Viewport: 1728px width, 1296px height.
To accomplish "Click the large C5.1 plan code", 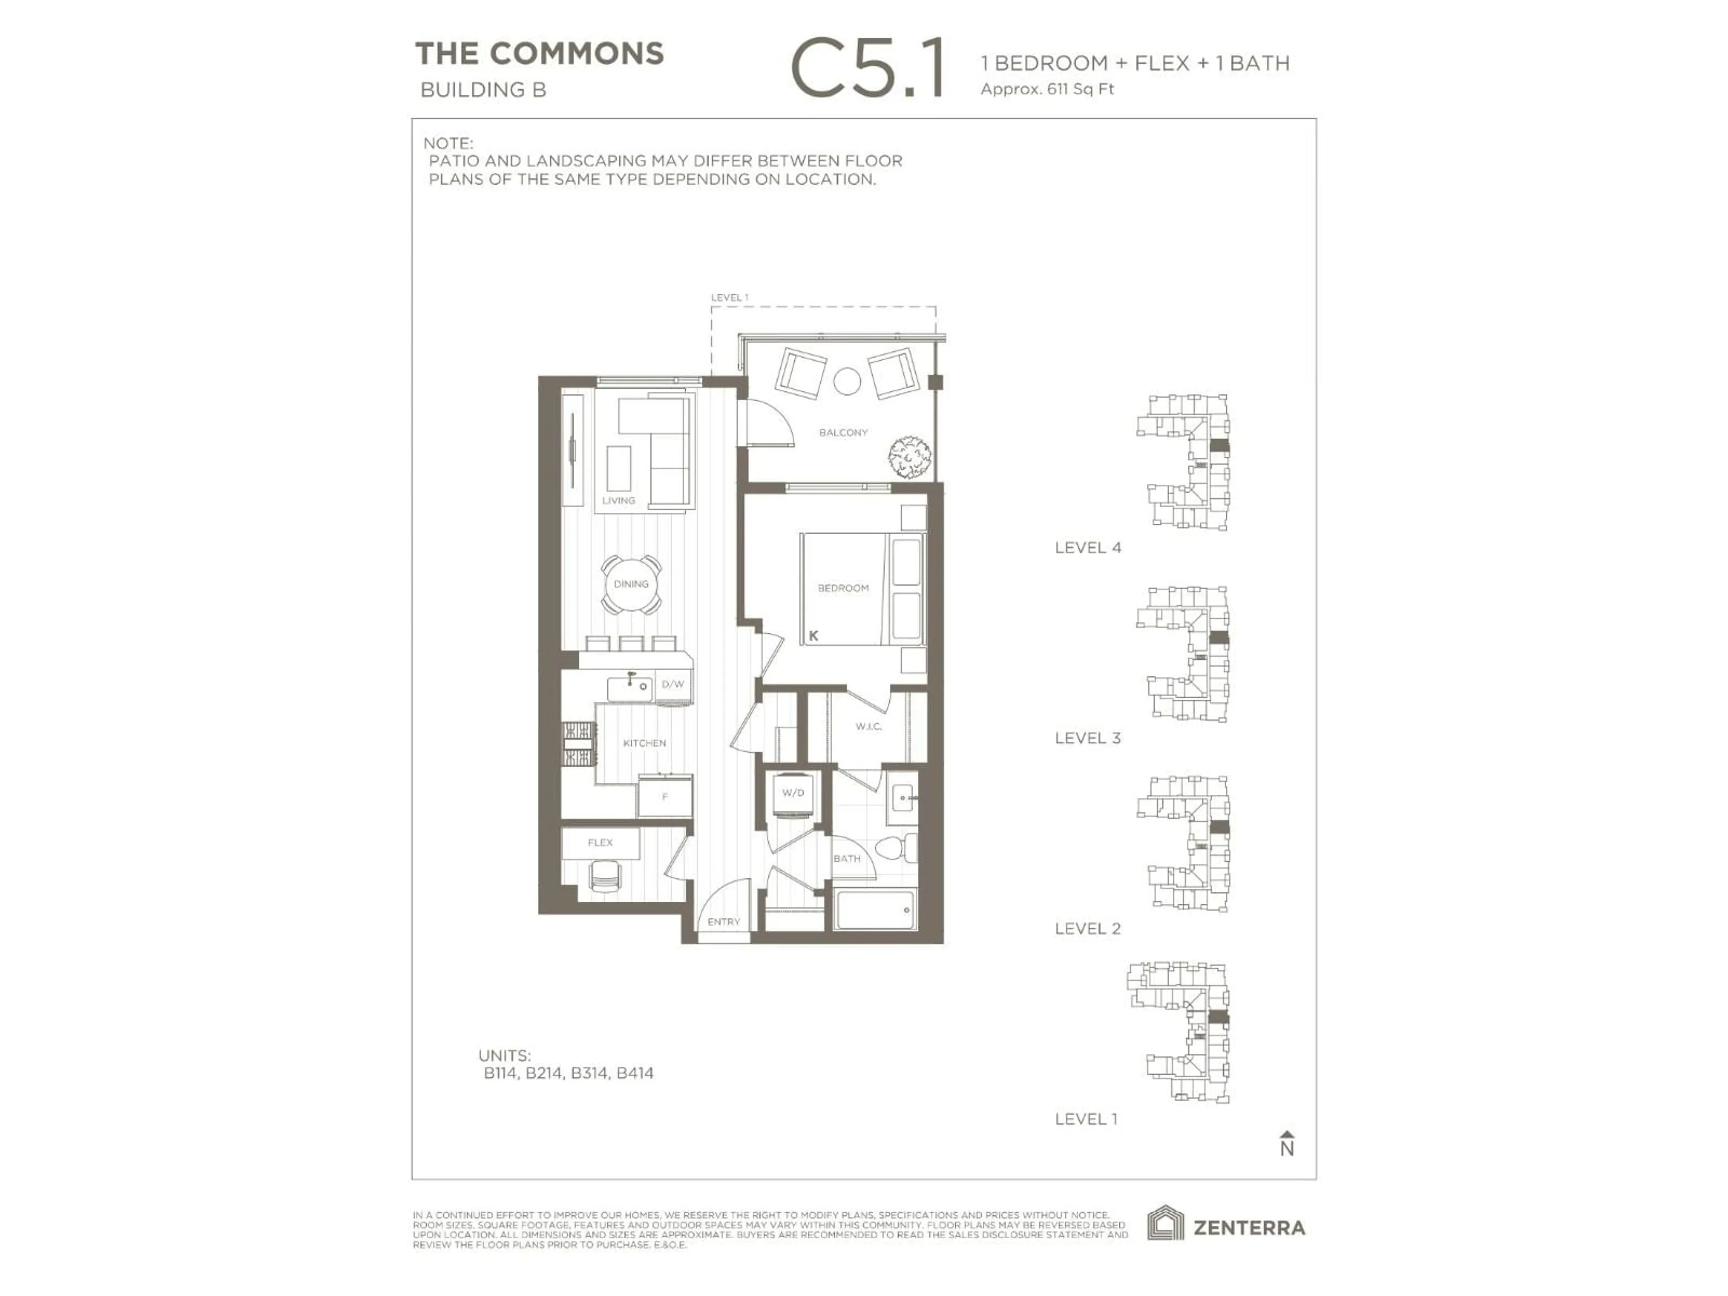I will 868,70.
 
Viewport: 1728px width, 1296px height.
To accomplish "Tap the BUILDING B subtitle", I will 483,90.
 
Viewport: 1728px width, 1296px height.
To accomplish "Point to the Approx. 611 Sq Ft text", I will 1047,89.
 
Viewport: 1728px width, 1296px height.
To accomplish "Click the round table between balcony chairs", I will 847,381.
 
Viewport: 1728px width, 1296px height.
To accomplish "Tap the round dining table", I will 631,585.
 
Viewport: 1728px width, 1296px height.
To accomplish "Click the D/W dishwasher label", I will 673,684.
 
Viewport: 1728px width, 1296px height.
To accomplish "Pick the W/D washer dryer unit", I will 793,794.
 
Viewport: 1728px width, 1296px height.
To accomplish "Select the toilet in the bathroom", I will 895,848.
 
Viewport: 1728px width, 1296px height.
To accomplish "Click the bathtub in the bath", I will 875,911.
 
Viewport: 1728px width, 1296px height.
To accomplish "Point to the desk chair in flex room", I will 604,876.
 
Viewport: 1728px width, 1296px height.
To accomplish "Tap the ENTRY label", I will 724,922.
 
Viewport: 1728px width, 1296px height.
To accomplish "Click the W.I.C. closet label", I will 868,726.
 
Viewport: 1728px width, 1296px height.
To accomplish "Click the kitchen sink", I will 630,688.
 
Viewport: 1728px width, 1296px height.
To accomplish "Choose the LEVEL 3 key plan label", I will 1087,738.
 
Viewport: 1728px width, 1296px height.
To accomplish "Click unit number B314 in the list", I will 589,1073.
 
